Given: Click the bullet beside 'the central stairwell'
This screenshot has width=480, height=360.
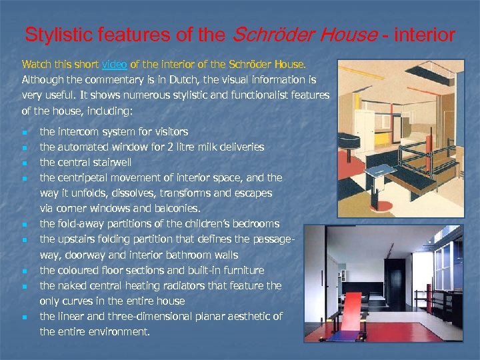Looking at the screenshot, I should coord(24,163).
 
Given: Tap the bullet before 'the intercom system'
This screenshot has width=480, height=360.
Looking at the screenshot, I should coord(24,132).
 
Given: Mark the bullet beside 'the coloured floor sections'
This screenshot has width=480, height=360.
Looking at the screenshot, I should coord(24,271).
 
